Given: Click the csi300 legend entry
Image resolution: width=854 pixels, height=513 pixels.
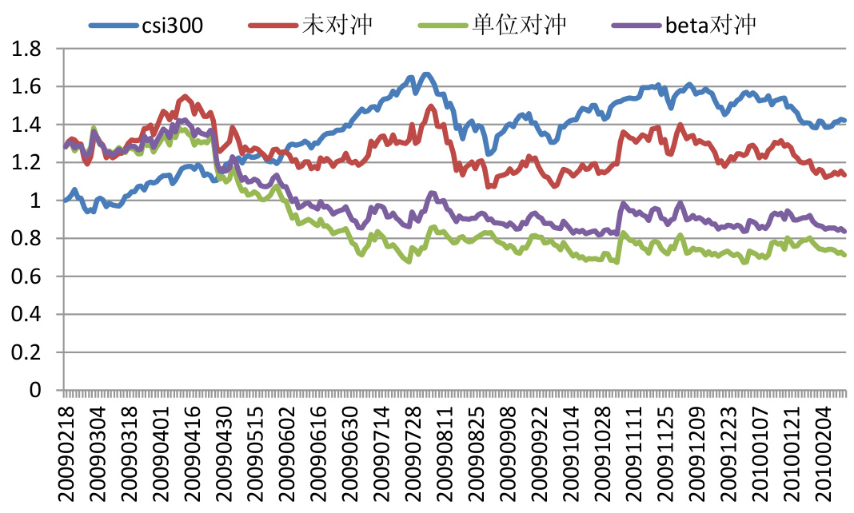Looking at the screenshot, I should [172, 25].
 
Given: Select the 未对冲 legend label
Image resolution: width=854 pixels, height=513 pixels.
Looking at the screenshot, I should [337, 25].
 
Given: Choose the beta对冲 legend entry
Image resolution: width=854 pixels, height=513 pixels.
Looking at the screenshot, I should [710, 25].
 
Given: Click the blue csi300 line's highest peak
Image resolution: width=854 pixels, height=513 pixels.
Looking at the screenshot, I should [426, 74].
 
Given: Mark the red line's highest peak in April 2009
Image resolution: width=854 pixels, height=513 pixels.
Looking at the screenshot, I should [186, 97].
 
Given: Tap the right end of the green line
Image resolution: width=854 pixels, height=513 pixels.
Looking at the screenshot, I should [844, 255].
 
